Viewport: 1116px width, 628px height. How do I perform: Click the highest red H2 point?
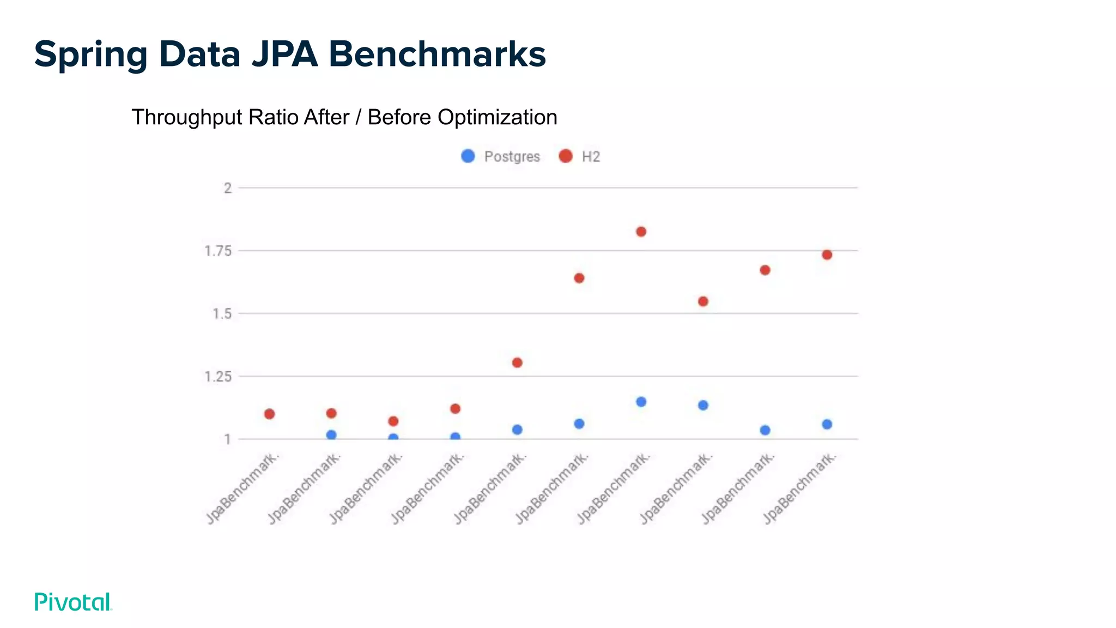(x=641, y=232)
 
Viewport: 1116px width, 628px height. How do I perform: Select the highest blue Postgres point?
(x=641, y=402)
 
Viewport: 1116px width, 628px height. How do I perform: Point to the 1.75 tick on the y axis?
(x=217, y=251)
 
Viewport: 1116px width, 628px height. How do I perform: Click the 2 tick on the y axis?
(x=228, y=188)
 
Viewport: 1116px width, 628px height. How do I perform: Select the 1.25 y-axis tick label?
(x=217, y=377)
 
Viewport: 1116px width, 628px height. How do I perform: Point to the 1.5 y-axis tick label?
(x=221, y=314)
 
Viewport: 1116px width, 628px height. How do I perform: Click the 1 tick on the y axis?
(x=227, y=439)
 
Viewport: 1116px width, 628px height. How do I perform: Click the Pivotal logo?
(x=73, y=602)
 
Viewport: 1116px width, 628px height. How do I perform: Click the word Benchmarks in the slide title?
(x=436, y=54)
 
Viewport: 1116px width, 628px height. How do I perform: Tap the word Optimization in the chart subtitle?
(x=497, y=117)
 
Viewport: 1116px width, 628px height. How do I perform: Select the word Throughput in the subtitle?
(x=187, y=117)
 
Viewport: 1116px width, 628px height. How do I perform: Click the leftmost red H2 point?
(x=269, y=414)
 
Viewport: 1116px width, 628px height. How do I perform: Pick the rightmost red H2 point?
(x=827, y=255)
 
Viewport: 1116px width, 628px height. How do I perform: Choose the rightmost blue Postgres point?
(x=827, y=424)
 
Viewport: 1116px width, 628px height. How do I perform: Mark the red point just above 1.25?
(x=517, y=363)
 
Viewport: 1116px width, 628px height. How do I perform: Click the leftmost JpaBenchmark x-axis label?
(x=243, y=488)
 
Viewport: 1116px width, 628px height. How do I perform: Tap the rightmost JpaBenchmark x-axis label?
(x=799, y=488)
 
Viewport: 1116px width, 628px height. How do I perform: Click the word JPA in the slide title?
(x=284, y=54)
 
